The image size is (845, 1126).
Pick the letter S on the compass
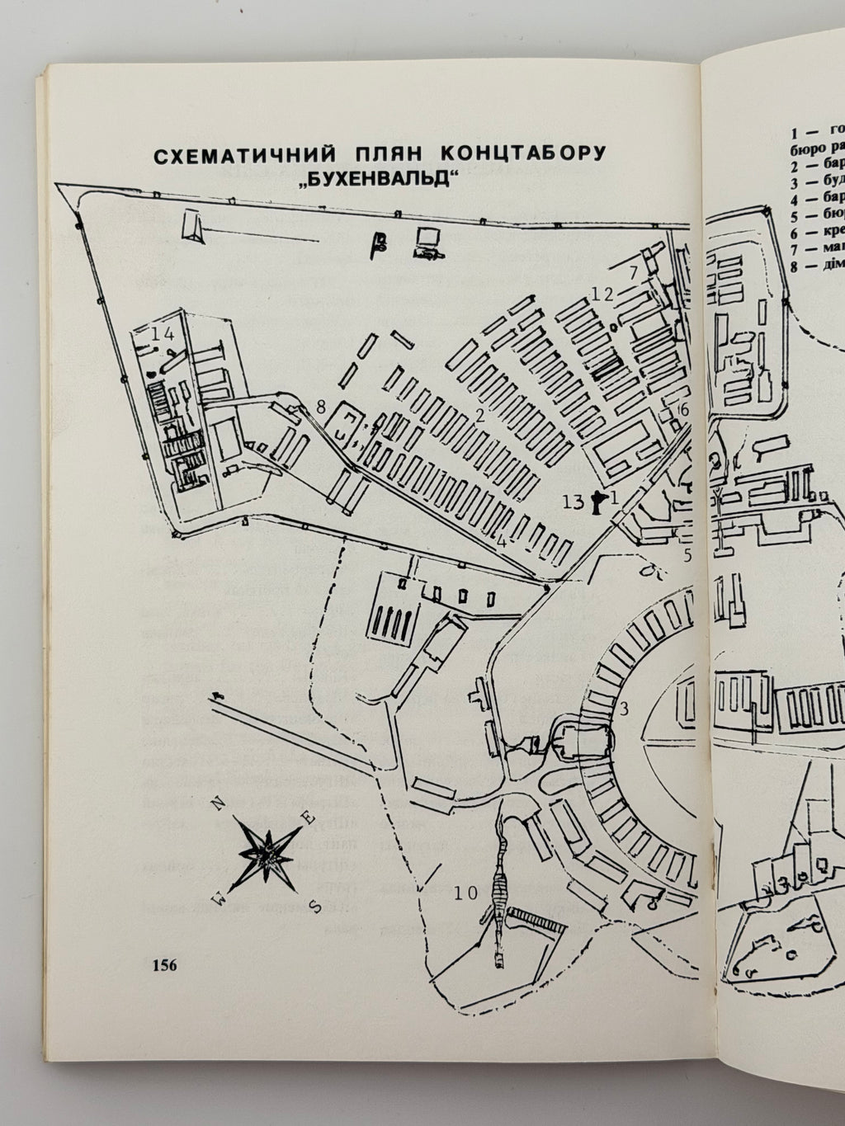(314, 905)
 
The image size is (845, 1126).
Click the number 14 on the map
(163, 334)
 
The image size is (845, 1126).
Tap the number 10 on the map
(465, 892)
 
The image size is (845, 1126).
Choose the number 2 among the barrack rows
(478, 415)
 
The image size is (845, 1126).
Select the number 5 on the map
(687, 554)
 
